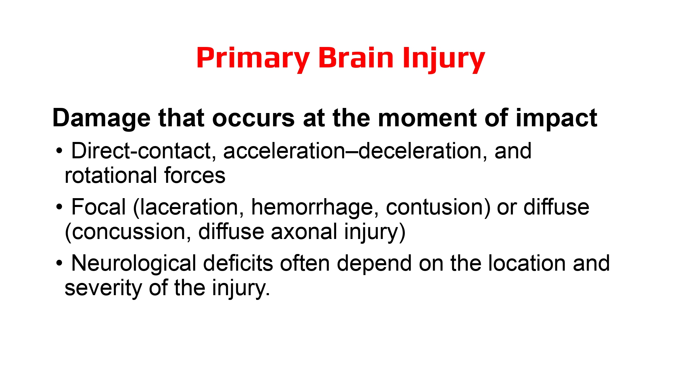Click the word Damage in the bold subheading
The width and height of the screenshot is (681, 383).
coord(101,118)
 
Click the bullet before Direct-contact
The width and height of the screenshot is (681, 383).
coord(60,151)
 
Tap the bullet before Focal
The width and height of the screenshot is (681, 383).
coord(60,207)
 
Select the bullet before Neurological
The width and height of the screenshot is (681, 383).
coord(60,263)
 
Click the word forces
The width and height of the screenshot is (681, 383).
coord(194,176)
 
